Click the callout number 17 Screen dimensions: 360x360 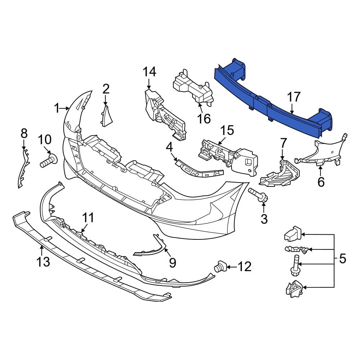294,97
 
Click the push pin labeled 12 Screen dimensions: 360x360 219,267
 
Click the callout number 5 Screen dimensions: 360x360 342,258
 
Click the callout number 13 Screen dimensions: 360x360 43,262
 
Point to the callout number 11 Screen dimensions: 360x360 88,218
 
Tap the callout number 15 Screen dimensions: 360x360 228,130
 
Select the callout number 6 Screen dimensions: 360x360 321,181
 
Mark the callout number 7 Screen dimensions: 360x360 283,143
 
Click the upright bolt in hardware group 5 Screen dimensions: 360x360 294,266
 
